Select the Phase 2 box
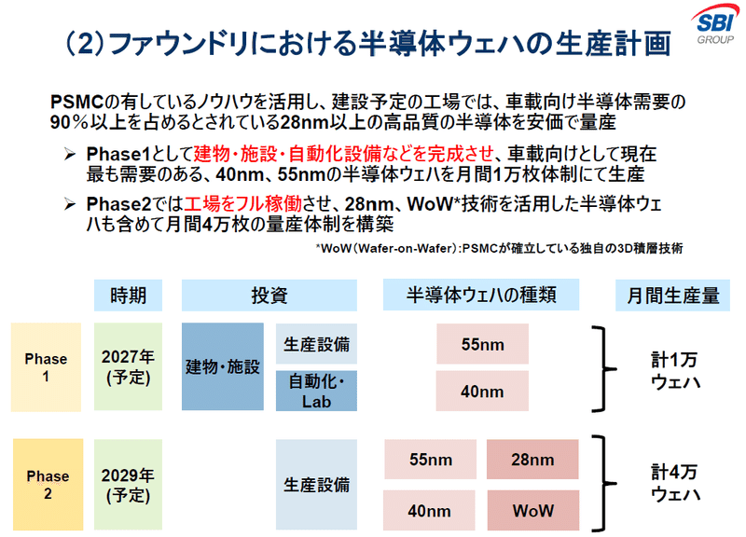[x=46, y=485]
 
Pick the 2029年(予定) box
[x=128, y=485]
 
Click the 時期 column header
[x=128, y=296]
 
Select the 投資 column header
[x=269, y=296]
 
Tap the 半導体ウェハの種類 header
[x=482, y=296]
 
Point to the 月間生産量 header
[x=672, y=296]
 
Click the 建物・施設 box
[x=223, y=367]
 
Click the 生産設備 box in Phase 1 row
[x=317, y=344]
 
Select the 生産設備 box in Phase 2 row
[x=317, y=485]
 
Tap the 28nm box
[x=533, y=461]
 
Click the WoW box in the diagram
[x=533, y=510]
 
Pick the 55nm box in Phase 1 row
[x=482, y=344]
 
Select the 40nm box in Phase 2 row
[x=430, y=510]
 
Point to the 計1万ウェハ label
[x=675, y=370]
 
